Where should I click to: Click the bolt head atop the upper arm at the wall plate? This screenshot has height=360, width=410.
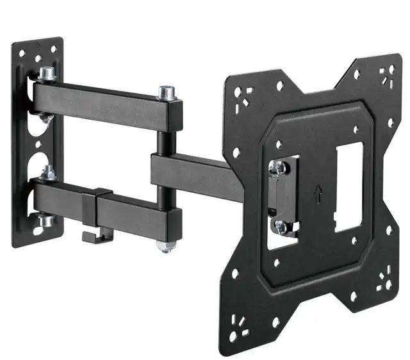point(47,74)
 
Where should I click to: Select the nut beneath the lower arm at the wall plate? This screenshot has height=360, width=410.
point(46,221)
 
